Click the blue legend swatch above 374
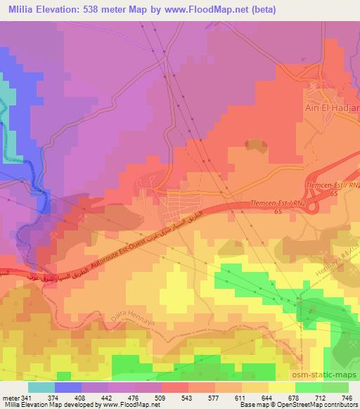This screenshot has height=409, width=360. click(x=66, y=387)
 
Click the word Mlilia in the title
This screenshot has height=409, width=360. click(x=19, y=10)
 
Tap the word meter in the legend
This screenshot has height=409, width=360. click(x=10, y=397)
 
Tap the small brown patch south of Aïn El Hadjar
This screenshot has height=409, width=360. click(x=252, y=145)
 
